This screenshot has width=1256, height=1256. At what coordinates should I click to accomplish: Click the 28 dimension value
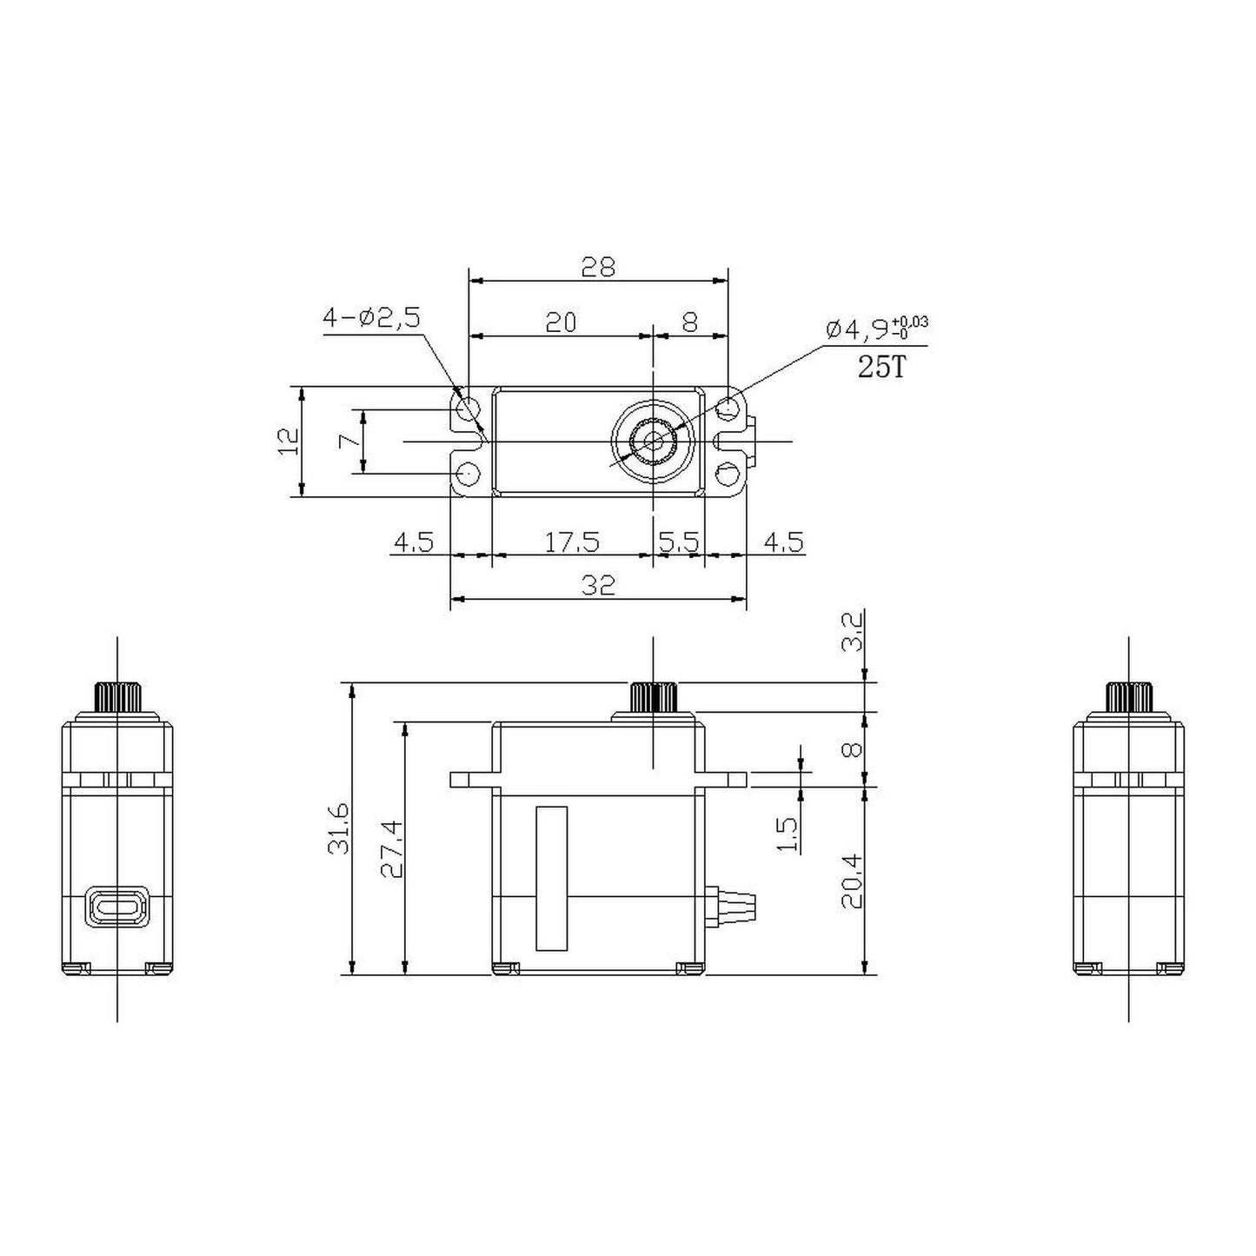coord(598,266)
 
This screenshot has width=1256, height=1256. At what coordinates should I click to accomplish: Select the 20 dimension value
coord(561,322)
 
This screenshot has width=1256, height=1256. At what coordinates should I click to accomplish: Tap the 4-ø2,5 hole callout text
coord(372,318)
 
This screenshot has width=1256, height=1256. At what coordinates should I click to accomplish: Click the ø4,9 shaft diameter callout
coord(877,329)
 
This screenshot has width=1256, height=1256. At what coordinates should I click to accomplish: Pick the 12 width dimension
coord(289,442)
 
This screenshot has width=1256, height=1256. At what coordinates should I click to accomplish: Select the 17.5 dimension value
coord(572,542)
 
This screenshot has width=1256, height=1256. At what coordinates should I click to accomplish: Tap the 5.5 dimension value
coord(679,542)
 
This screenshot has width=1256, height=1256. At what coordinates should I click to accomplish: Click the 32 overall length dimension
coord(598,585)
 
